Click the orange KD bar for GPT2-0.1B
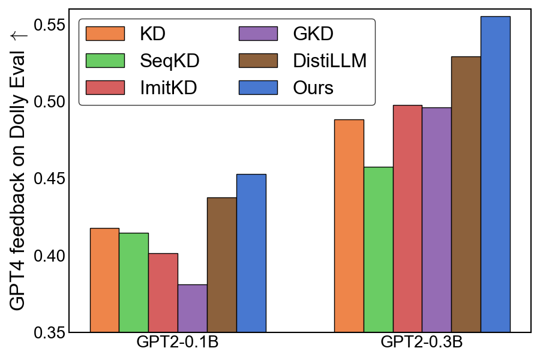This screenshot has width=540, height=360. click(104, 280)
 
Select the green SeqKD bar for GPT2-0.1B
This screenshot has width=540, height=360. click(134, 283)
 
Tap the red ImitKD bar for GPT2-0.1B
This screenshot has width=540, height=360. click(163, 293)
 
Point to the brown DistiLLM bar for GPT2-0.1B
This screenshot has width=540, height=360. click(222, 265)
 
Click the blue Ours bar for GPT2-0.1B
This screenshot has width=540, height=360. click(251, 253)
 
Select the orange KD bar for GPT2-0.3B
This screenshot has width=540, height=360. click(349, 226)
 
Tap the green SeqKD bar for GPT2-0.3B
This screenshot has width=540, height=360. click(378, 250)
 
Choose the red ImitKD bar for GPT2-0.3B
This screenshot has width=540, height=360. click(407, 218)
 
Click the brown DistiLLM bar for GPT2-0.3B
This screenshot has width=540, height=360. click(466, 194)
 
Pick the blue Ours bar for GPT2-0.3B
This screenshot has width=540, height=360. click(496, 174)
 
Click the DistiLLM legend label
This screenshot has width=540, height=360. click(330, 60)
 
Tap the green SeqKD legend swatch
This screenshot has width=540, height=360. click(106, 60)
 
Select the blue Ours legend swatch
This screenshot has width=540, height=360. click(259, 87)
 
